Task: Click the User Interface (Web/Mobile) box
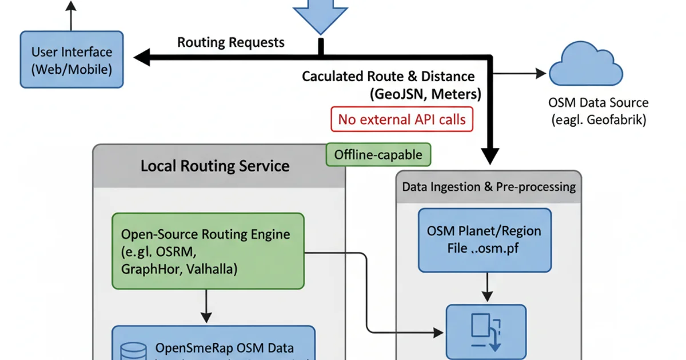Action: [x=71, y=59]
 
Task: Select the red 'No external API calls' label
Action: [x=402, y=119]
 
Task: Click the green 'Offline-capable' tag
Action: [x=378, y=154]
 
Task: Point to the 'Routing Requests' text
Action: [x=230, y=42]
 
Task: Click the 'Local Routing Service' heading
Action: [x=215, y=166]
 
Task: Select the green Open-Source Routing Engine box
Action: [x=208, y=251]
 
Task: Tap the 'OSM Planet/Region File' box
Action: [x=484, y=240]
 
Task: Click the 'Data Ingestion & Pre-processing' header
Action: [x=488, y=187]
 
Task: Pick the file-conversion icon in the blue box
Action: [x=485, y=332]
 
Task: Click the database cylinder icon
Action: [x=132, y=349]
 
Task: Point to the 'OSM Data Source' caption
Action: [x=598, y=103]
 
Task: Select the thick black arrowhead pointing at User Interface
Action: [x=142, y=56]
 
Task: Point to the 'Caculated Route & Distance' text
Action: [x=388, y=76]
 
